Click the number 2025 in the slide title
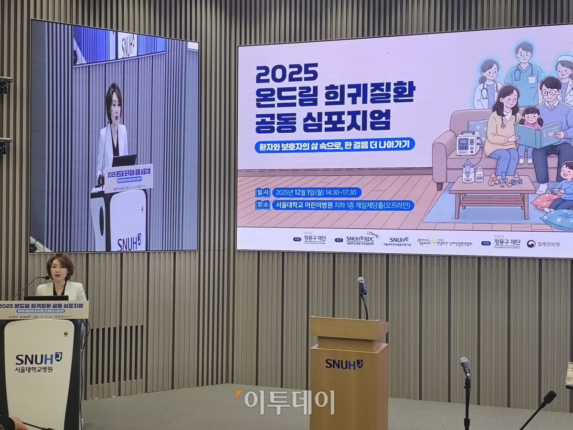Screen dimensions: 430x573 [x=286, y=73]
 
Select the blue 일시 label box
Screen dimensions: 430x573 [x=263, y=193]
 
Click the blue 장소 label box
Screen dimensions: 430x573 [x=263, y=205]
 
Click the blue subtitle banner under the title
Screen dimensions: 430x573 [x=334, y=145]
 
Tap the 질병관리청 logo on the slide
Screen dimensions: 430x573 [x=543, y=244]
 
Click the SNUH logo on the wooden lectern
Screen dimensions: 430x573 [x=344, y=364]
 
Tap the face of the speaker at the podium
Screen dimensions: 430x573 [x=61, y=270]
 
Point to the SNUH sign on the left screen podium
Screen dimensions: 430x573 [x=129, y=242]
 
